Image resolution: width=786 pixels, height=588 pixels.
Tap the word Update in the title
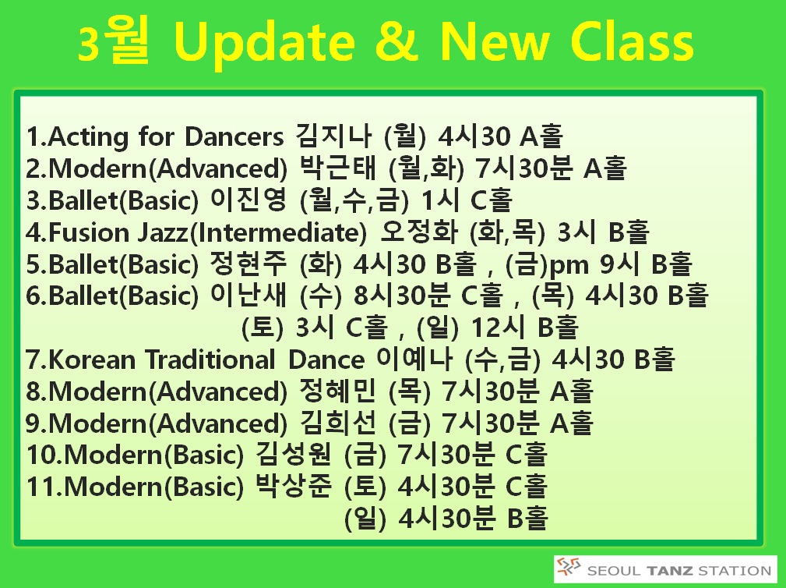point(265,44)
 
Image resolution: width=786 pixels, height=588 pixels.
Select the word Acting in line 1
point(88,137)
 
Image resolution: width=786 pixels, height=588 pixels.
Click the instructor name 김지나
point(333,136)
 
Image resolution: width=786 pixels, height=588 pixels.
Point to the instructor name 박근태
point(337,168)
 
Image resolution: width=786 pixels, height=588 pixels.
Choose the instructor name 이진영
point(248,200)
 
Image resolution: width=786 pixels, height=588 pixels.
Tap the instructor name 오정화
point(418,232)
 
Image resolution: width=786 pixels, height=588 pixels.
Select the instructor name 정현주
point(248,264)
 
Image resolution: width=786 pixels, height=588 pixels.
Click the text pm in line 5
point(569,266)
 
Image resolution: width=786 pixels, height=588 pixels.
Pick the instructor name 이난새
point(248,295)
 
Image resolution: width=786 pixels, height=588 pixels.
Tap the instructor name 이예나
point(414,359)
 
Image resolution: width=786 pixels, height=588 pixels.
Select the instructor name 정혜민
point(337,391)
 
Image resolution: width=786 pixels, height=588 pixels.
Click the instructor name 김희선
point(337,423)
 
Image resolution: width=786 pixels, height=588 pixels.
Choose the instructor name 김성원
point(294,455)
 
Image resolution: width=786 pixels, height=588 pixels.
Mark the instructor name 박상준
point(294,486)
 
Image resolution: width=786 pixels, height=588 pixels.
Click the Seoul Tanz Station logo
point(665,569)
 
